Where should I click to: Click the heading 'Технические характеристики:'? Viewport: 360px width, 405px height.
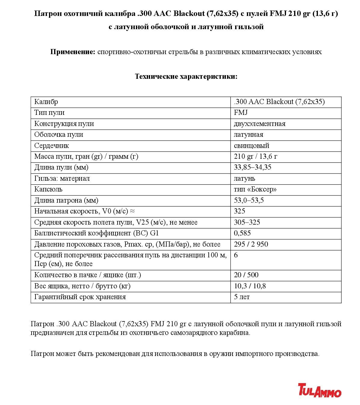(x=186, y=76)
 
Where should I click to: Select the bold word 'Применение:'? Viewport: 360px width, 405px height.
(x=72, y=52)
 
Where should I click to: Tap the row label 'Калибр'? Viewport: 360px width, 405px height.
(x=46, y=102)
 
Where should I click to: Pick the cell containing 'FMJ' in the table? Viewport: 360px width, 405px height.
(x=241, y=113)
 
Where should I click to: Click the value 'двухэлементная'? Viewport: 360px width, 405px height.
(x=260, y=124)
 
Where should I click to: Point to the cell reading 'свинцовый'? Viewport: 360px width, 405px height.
(x=251, y=146)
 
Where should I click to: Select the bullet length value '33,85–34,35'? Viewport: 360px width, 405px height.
(x=253, y=167)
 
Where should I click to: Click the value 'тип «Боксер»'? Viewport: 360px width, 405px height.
(x=255, y=189)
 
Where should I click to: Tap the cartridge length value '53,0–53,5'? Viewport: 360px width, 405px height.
(x=249, y=200)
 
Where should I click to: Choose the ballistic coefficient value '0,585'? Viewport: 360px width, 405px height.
(x=242, y=233)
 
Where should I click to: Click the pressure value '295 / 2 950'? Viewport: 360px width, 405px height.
(x=251, y=244)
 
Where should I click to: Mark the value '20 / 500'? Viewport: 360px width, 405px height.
(x=246, y=275)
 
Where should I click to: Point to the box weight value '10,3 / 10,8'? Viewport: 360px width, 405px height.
(x=250, y=286)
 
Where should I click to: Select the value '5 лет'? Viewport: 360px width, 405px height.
(x=242, y=297)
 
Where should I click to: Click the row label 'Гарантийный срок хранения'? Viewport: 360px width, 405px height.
(x=80, y=297)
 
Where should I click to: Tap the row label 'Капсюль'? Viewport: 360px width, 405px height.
(x=48, y=189)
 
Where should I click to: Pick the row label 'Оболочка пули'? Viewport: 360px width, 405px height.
(x=59, y=134)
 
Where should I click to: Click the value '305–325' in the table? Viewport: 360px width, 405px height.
(x=247, y=222)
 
